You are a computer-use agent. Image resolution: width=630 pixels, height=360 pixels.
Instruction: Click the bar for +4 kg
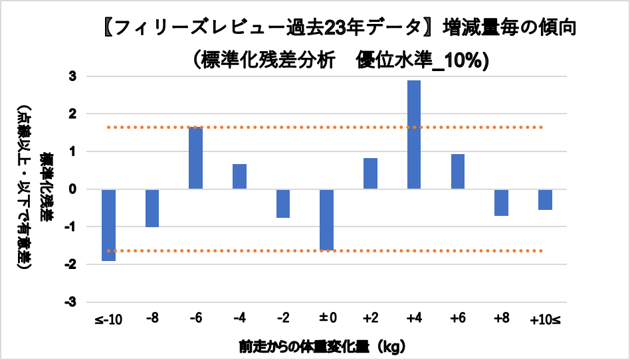tap(414, 135)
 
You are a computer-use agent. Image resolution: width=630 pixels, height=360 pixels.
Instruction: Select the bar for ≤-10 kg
tap(108, 225)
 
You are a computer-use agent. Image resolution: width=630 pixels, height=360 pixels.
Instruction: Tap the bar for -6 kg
tap(195, 158)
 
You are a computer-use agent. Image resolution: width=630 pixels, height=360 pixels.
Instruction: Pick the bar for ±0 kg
tap(326, 220)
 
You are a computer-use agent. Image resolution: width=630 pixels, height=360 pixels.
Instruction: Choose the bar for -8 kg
tap(152, 208)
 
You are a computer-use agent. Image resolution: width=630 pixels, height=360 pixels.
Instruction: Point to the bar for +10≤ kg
tap(545, 199)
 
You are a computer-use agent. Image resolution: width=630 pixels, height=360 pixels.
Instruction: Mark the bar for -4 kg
tap(239, 177)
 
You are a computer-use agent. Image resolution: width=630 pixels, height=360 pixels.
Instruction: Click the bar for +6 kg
tap(457, 171)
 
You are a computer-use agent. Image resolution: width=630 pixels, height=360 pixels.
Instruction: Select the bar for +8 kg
tap(501, 203)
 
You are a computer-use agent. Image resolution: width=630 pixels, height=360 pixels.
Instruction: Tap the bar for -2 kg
tap(283, 203)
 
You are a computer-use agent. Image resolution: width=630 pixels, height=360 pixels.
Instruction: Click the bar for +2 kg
tap(370, 173)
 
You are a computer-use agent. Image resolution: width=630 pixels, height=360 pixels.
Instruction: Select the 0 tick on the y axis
tap(72, 189)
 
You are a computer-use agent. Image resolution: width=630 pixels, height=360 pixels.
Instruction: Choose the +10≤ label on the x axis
tap(545, 319)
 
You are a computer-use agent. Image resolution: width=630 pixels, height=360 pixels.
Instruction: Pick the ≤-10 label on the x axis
tap(108, 319)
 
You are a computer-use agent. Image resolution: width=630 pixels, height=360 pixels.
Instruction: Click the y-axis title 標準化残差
tap(47, 189)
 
